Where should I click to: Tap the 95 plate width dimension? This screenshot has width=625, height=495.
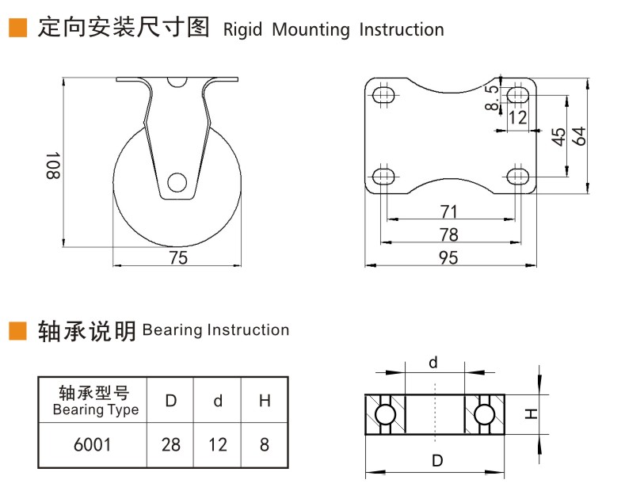pyautogui.click(x=448, y=257)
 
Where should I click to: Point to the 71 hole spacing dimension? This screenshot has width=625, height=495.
pyautogui.click(x=448, y=211)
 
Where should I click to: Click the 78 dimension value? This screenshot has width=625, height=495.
pyautogui.click(x=448, y=234)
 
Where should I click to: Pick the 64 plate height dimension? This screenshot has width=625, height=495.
pyautogui.click(x=579, y=135)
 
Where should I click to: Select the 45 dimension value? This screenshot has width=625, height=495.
pyautogui.click(x=558, y=135)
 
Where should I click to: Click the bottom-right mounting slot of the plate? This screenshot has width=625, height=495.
pyautogui.click(x=518, y=174)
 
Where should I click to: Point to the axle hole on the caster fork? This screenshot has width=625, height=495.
pyautogui.click(x=177, y=182)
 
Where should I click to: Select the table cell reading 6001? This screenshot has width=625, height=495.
pyautogui.click(x=92, y=444)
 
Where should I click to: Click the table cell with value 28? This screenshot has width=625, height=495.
pyautogui.click(x=170, y=444)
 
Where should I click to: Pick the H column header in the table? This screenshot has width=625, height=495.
pyautogui.click(x=265, y=400)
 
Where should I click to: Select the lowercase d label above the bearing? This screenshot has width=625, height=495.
pyautogui.click(x=433, y=363)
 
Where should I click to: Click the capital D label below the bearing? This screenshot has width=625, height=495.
pyautogui.click(x=435, y=459)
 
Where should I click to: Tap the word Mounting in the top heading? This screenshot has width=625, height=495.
pyautogui.click(x=310, y=30)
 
